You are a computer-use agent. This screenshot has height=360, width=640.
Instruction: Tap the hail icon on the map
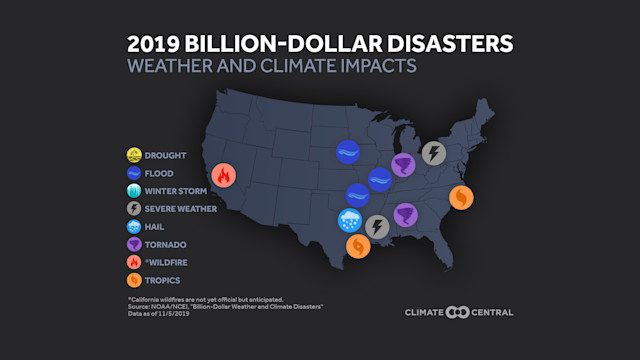[x=351, y=221]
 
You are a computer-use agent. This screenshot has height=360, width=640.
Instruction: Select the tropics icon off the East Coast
[x=462, y=197]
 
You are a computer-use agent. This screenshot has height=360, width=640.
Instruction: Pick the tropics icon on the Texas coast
[x=358, y=245]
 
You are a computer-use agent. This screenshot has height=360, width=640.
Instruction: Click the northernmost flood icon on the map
[x=349, y=152]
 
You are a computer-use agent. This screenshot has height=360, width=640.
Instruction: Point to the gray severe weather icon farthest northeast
[x=433, y=153]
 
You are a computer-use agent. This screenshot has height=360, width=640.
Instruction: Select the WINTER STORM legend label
[x=176, y=190]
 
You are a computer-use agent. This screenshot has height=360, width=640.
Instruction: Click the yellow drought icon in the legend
[x=134, y=154]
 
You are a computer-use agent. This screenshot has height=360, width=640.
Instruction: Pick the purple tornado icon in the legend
[x=134, y=244]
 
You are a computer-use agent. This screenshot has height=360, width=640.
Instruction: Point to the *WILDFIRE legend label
[x=166, y=262]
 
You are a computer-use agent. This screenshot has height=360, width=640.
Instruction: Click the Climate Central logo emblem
[x=459, y=312]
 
